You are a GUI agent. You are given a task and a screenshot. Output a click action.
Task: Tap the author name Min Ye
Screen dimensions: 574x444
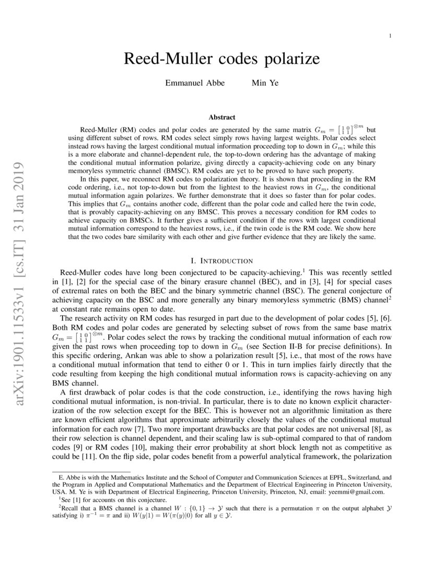click(265, 83)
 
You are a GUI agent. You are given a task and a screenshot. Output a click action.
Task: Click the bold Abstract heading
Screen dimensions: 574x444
click(222, 117)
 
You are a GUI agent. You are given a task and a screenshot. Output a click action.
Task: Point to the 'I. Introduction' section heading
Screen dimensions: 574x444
click(222, 261)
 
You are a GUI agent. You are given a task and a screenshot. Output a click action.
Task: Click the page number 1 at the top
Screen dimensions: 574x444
click(391, 36)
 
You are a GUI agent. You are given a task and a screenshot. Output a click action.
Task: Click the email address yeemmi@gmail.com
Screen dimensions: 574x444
click(356, 492)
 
